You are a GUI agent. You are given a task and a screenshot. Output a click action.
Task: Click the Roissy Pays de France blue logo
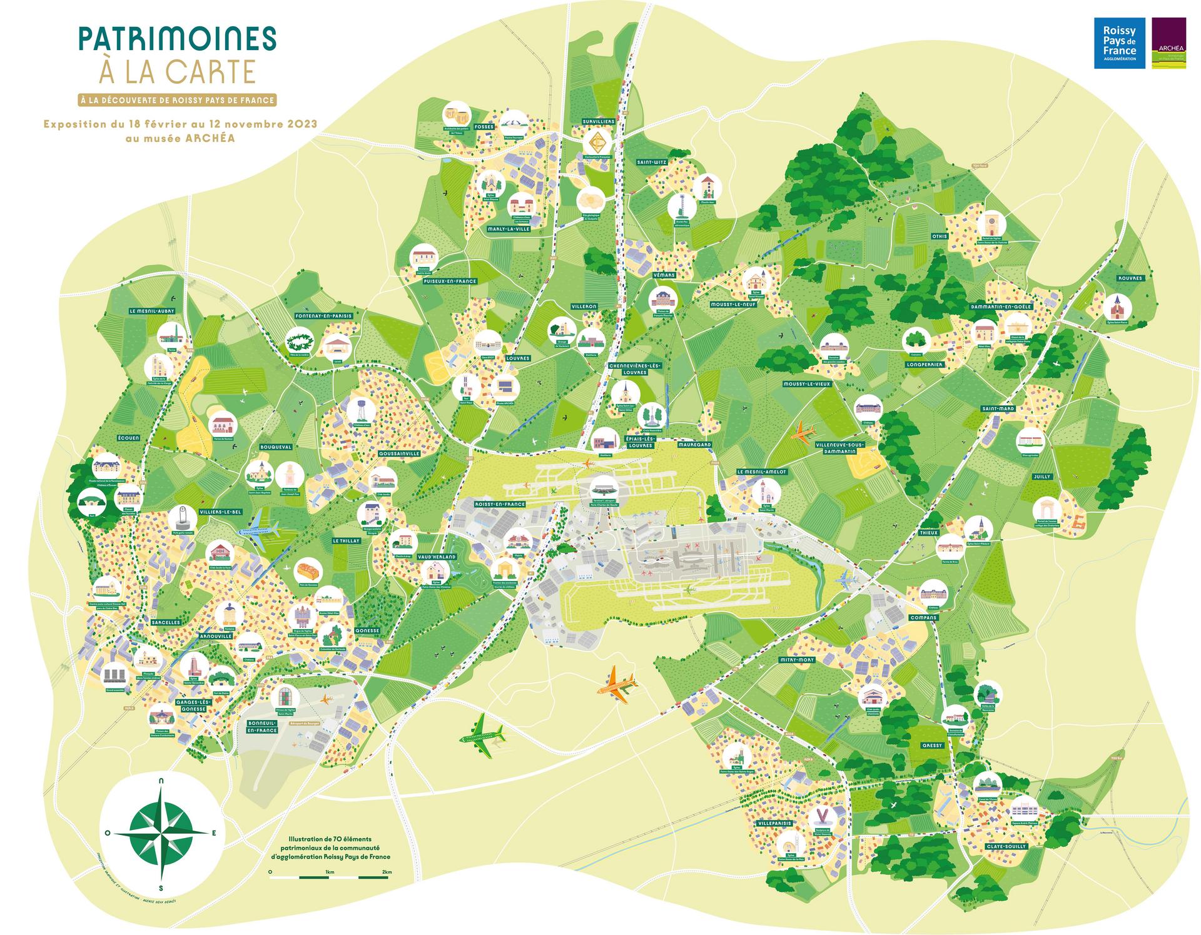1119,43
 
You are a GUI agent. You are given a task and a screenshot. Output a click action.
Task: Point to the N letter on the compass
162,781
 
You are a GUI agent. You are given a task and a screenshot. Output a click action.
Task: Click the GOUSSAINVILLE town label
399,453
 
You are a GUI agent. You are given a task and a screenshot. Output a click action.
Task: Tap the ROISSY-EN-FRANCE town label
500,503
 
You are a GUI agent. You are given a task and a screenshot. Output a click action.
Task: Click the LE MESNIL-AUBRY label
152,311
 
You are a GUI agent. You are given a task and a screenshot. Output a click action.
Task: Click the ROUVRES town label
1130,278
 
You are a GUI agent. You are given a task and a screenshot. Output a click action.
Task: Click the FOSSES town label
484,126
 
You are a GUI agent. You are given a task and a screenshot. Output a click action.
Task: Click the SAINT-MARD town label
998,408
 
